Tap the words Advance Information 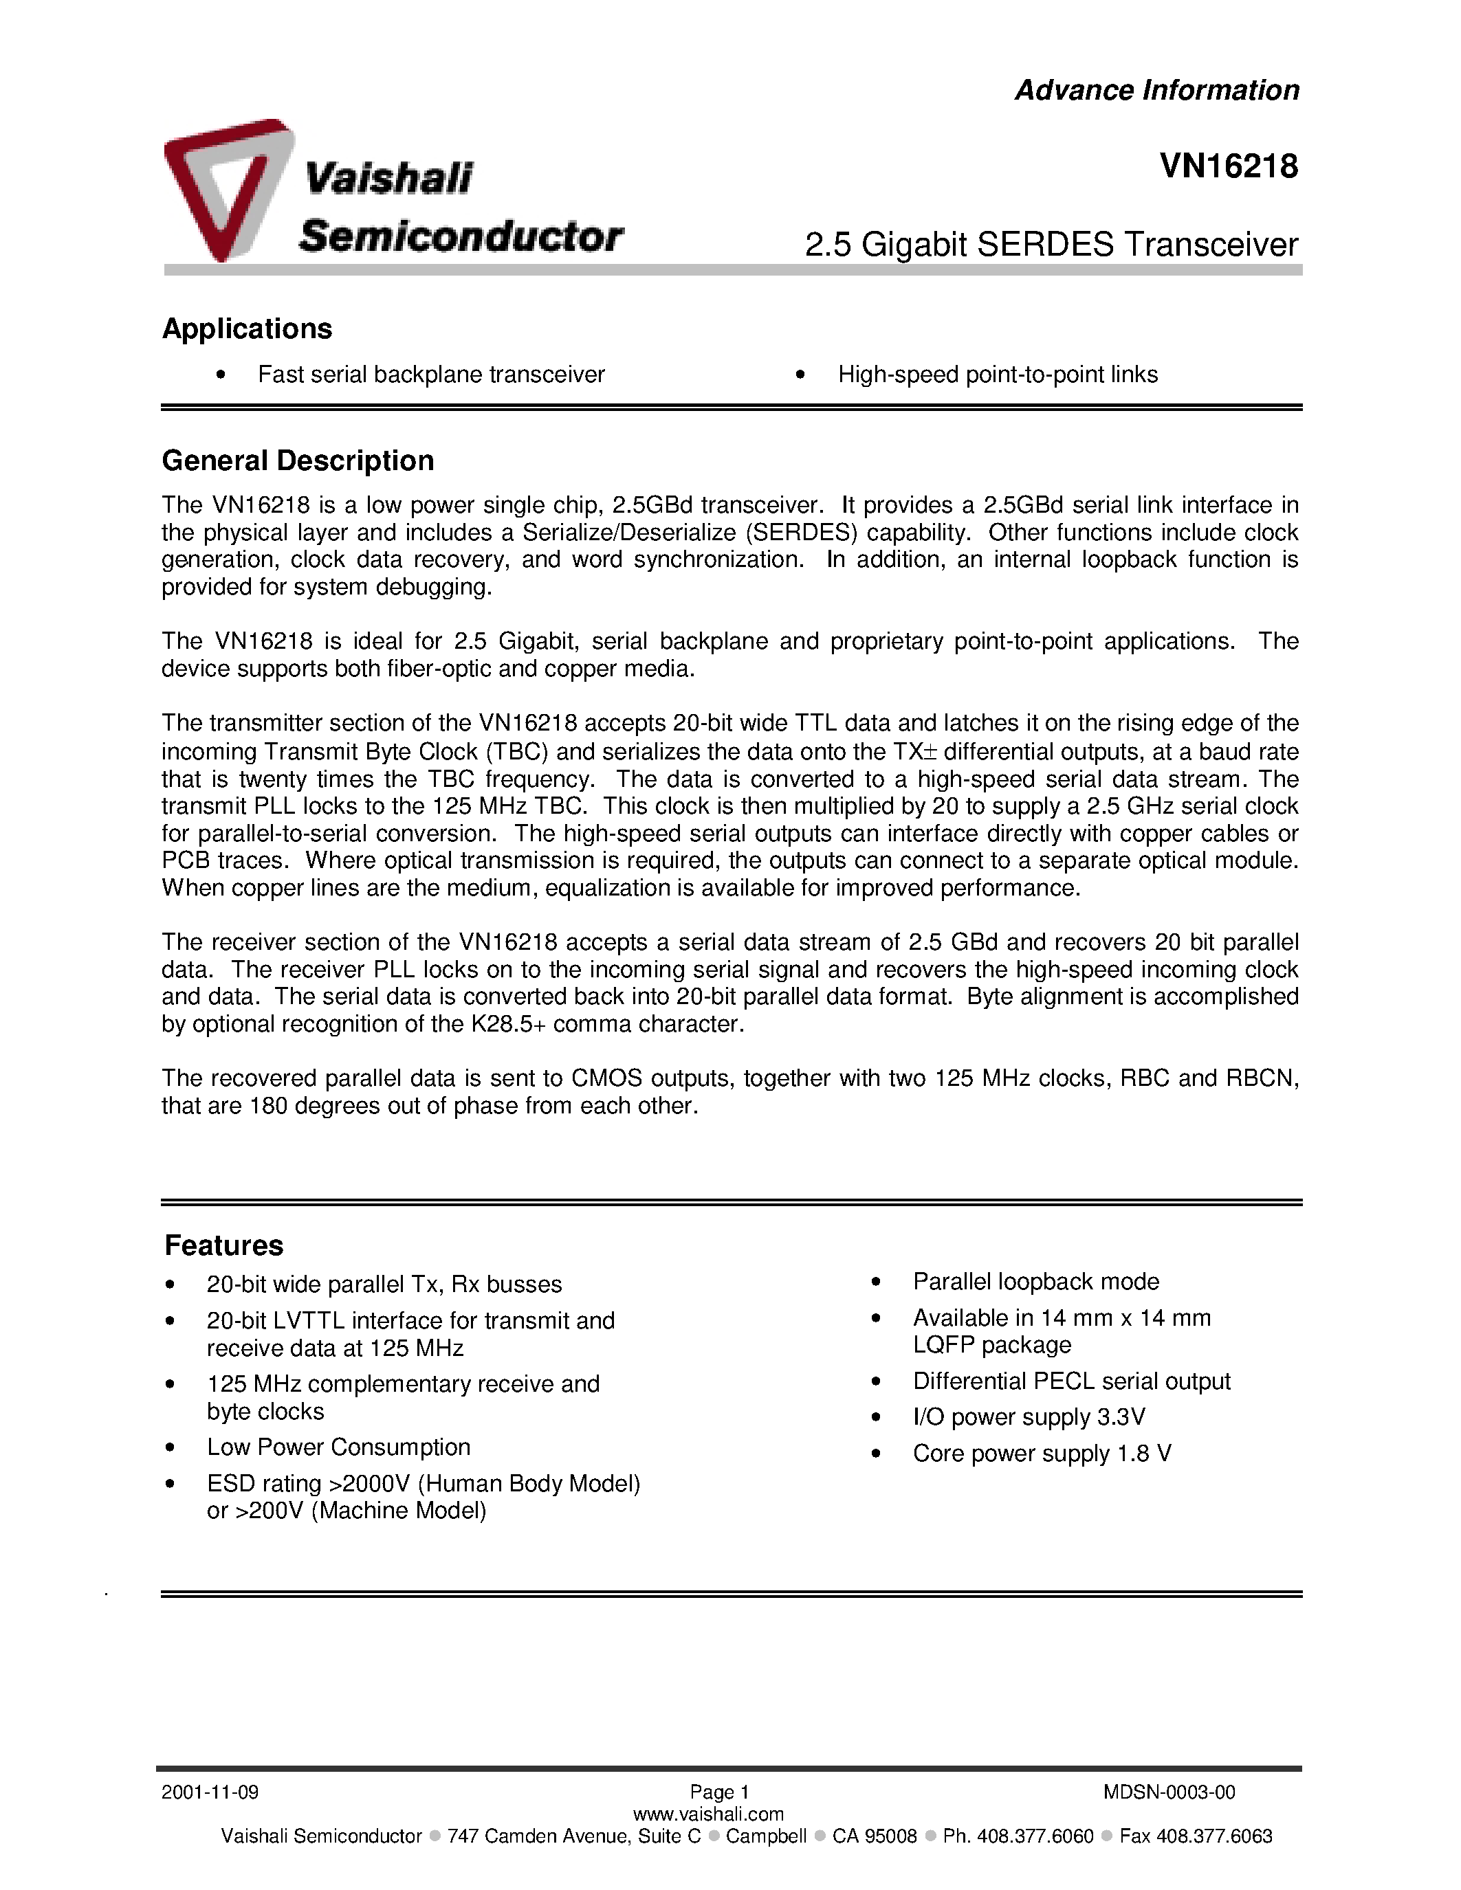pos(1156,90)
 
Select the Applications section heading pos(247,329)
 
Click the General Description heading pos(298,460)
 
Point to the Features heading pos(223,1245)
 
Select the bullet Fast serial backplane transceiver pos(431,375)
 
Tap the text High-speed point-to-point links pos(997,375)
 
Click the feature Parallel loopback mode pos(1035,1282)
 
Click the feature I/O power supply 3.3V pos(1029,1416)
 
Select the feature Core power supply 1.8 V pos(1041,1453)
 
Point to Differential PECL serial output pos(1070,1381)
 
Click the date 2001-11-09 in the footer pos(210,1792)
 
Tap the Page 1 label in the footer pos(718,1792)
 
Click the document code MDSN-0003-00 pos(1168,1792)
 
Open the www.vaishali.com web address pos(708,1814)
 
